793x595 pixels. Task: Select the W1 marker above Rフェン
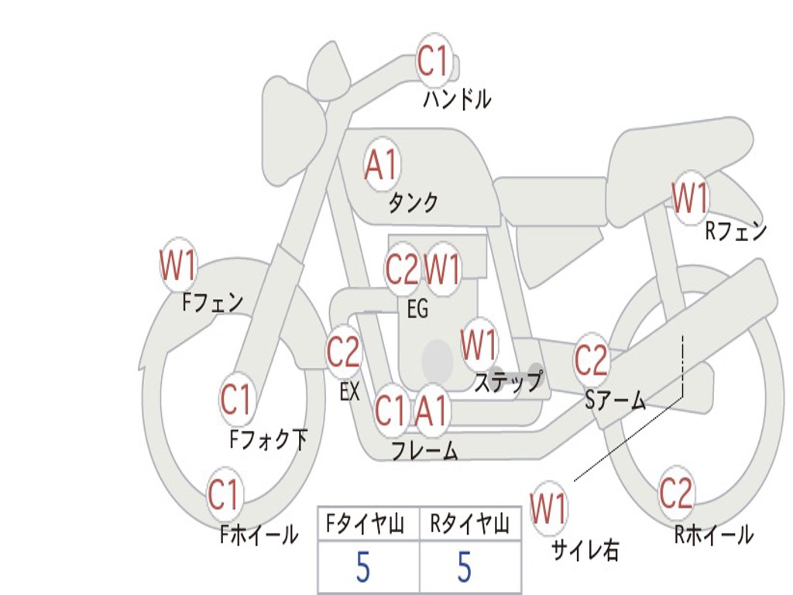click(689, 198)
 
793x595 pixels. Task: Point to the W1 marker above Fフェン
click(178, 265)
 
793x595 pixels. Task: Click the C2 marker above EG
click(402, 269)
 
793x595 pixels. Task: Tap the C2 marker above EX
click(343, 353)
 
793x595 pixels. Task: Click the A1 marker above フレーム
click(431, 411)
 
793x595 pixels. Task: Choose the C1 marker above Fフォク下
click(236, 400)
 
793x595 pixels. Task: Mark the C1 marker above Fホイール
click(225, 495)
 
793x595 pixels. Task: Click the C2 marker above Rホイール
click(676, 493)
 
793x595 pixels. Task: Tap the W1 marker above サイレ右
click(549, 509)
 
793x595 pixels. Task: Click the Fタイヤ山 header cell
click(368, 525)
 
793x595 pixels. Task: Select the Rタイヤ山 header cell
click(470, 525)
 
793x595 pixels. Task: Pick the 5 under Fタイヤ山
click(362, 568)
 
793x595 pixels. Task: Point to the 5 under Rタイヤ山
click(465, 568)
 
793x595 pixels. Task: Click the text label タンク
click(413, 203)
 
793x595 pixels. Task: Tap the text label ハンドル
click(457, 99)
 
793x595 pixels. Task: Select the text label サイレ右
click(585, 550)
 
